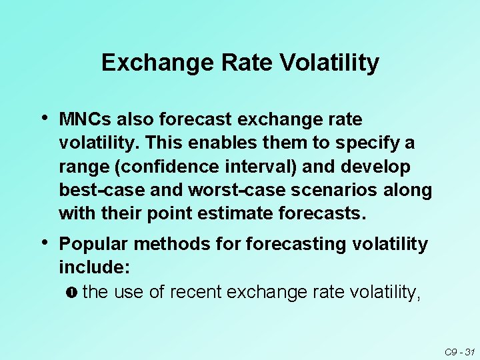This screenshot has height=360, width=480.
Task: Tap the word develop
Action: pos(377,167)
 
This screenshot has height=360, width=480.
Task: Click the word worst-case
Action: pos(216,190)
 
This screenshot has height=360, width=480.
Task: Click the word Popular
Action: pos(93,245)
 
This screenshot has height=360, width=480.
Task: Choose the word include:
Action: pos(94,268)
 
